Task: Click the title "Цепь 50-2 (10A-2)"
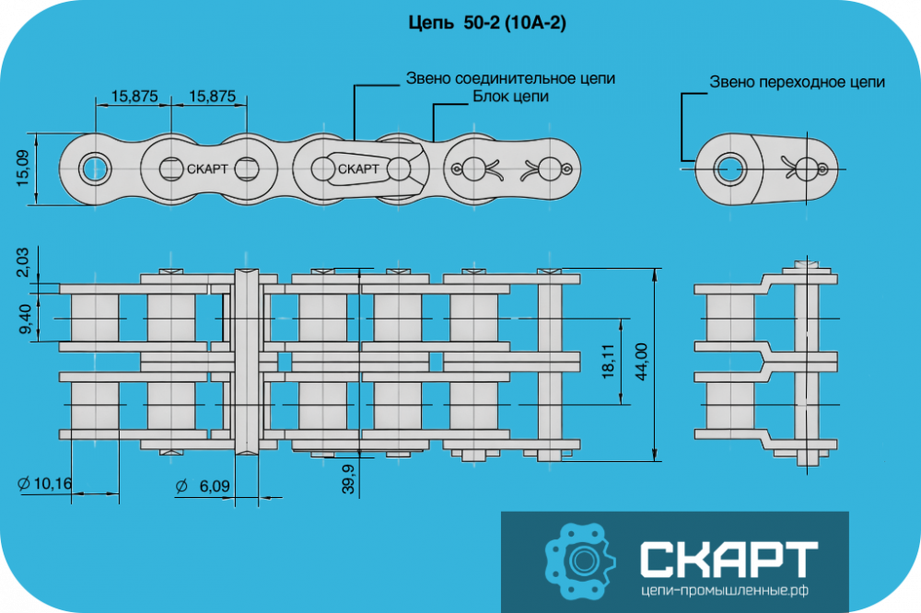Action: click(487, 23)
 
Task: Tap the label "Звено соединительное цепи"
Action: click(510, 78)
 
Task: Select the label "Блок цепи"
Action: click(510, 97)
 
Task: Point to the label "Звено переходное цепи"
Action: click(797, 82)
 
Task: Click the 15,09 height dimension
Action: click(22, 168)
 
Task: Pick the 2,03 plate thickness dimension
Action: click(22, 262)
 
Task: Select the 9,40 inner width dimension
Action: click(24, 318)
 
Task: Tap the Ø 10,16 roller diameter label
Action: click(44, 483)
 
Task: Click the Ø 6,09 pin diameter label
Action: click(203, 486)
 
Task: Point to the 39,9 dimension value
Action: click(348, 479)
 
